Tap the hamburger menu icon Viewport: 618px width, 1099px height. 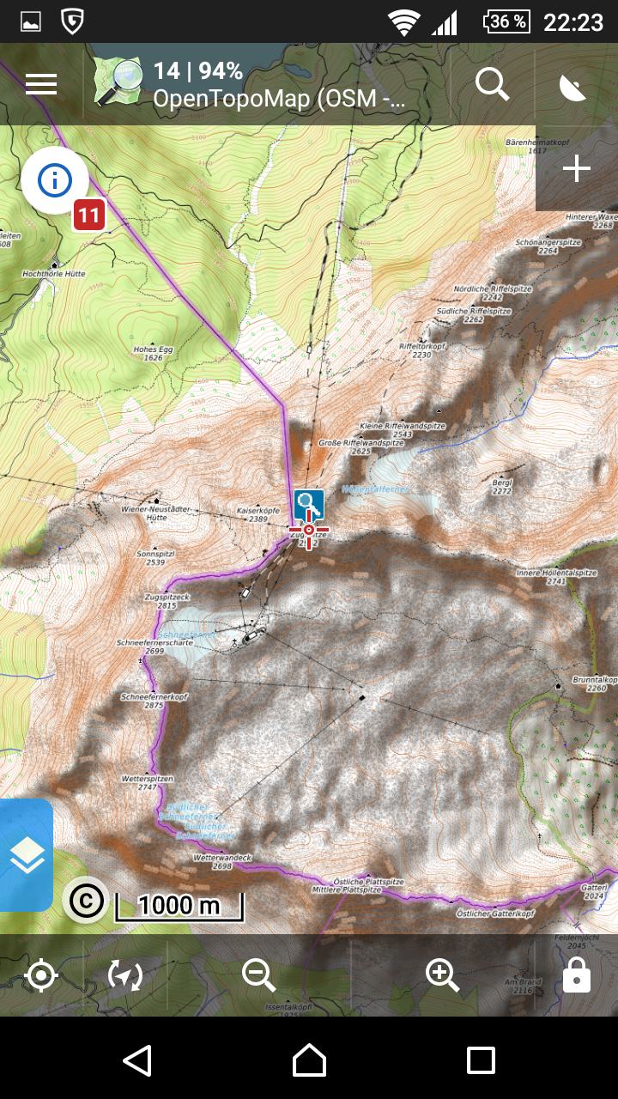click(x=41, y=84)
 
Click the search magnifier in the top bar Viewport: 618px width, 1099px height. click(x=492, y=84)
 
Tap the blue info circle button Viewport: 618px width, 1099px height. click(x=55, y=180)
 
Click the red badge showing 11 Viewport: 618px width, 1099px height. click(x=89, y=215)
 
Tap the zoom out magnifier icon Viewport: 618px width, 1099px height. click(x=258, y=975)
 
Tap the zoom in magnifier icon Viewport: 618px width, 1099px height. click(x=442, y=975)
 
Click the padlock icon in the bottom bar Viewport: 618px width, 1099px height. click(x=576, y=975)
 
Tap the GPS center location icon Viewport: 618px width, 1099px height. click(x=41, y=975)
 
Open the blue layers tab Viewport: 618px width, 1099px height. click(x=26, y=855)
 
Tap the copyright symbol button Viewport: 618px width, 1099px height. click(x=85, y=900)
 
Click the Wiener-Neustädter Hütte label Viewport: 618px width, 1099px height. click(x=144, y=513)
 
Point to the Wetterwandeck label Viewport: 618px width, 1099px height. click(x=222, y=861)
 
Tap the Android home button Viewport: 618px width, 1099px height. click(x=309, y=1060)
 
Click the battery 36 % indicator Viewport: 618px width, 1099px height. click(x=506, y=21)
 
